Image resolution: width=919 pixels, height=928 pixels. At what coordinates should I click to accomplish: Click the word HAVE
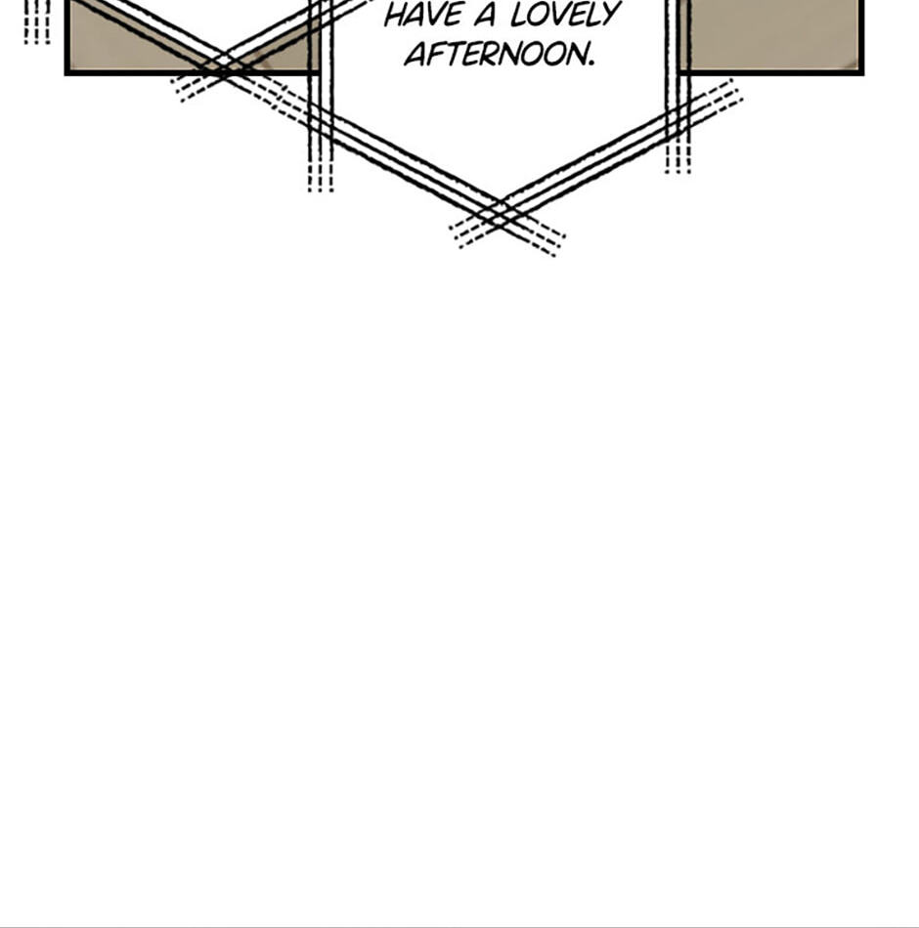[x=423, y=16]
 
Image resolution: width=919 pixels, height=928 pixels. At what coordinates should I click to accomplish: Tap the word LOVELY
[x=566, y=15]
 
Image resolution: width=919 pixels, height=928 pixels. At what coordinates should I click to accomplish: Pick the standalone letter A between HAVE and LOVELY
[x=485, y=16]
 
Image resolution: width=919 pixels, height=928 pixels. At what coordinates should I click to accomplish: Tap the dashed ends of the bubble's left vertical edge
[x=321, y=175]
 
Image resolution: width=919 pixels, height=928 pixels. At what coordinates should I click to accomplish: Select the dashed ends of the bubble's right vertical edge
[x=678, y=157]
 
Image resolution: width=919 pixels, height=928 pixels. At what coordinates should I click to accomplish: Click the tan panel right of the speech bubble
[x=771, y=34]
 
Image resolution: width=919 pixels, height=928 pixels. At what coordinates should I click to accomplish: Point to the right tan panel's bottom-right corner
[x=862, y=74]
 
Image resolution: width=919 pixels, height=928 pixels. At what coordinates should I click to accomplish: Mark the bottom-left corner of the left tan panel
[x=66, y=74]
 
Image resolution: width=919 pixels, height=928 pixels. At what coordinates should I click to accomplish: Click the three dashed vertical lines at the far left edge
[x=37, y=21]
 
